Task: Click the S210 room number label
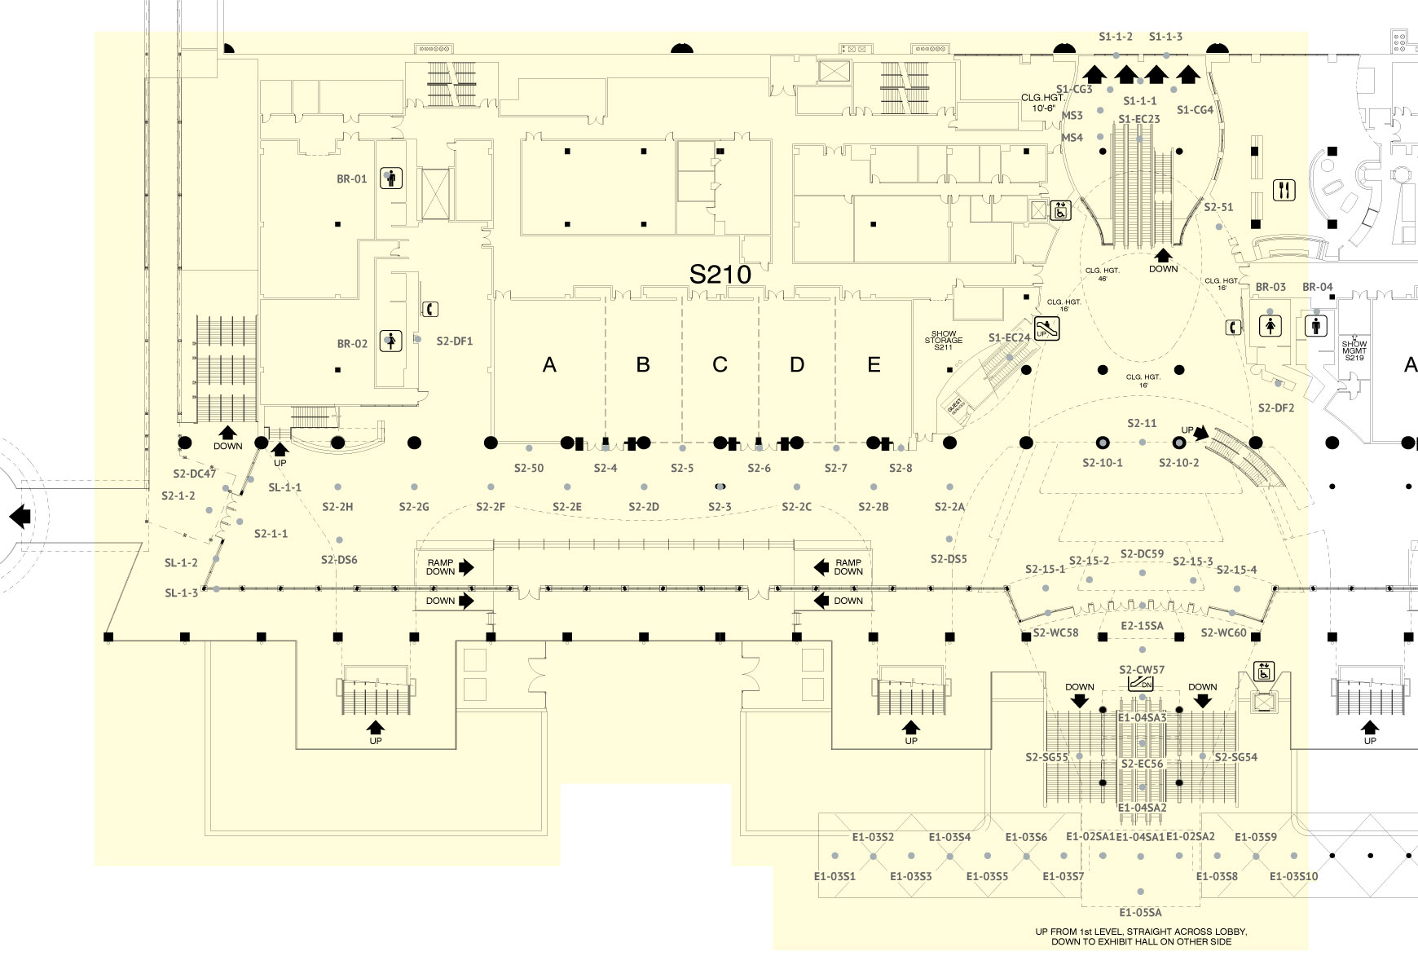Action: [x=720, y=275]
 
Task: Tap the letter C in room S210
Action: [x=720, y=364]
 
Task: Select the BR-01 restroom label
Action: [x=352, y=179]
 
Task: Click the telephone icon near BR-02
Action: [x=430, y=309]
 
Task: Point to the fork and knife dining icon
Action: [x=1284, y=191]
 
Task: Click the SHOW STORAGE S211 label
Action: [x=944, y=341]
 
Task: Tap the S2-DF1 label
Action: [x=455, y=341]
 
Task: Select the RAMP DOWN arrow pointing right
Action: [x=466, y=567]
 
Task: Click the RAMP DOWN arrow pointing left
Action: [x=821, y=567]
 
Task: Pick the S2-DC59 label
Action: [x=1142, y=554]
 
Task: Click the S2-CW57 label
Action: [x=1142, y=670]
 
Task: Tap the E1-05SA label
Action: [x=1140, y=913]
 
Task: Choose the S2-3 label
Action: [x=720, y=507]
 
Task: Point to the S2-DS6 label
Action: [x=339, y=560]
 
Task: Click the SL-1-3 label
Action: [x=181, y=593]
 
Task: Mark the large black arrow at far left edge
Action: [x=20, y=516]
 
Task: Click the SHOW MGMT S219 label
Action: [x=1354, y=351]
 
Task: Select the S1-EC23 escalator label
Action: [x=1138, y=119]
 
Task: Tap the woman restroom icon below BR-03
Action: [x=1270, y=326]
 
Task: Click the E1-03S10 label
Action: [x=1293, y=877]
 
